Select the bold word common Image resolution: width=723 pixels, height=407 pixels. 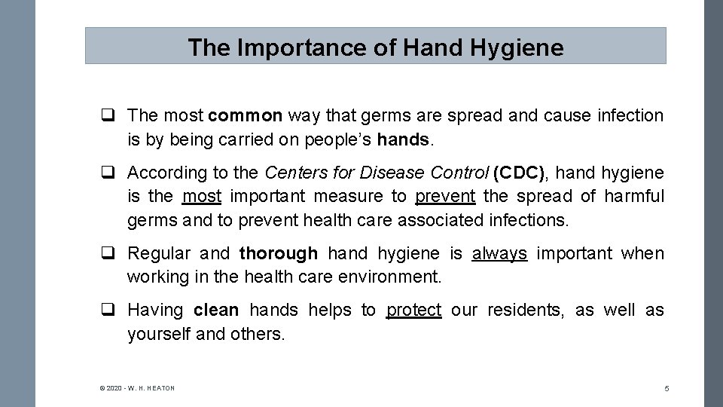pos(246,116)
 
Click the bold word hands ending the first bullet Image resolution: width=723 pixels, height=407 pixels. pos(403,139)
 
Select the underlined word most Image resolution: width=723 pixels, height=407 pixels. pos(202,197)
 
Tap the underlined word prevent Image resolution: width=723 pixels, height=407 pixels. pos(445,197)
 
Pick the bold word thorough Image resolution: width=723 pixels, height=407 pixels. pos(279,254)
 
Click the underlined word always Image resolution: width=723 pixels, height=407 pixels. pos(499,254)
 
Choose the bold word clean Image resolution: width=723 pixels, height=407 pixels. pos(216,311)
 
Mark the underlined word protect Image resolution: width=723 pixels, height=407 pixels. pos(413,311)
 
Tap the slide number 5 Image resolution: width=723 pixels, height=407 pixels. pos(667,388)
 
